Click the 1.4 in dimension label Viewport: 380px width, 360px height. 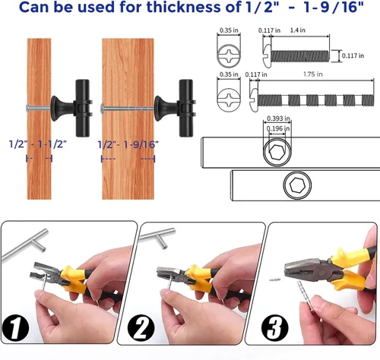pos(298,30)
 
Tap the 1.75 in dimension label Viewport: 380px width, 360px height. pos(313,74)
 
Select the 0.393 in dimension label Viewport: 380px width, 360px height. pos(278,118)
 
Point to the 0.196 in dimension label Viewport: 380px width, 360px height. pos(278,128)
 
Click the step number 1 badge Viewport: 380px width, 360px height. pos(15,327)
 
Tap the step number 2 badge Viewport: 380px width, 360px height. pos(141,327)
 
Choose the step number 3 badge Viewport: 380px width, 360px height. pos(274,327)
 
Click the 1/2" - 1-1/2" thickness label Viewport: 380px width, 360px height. pos(38,144)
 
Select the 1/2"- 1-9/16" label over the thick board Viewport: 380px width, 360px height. pos(128,144)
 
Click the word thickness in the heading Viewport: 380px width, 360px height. pos(184,7)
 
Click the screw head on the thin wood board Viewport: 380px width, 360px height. pos(27,108)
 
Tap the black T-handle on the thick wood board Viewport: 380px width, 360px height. pos(175,109)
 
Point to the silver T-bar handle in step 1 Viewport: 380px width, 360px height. pos(25,245)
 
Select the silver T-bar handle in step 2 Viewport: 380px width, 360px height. pos(158,238)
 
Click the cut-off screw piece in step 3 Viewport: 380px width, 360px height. pos(274,279)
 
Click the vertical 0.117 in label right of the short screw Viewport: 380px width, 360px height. pos(353,55)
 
